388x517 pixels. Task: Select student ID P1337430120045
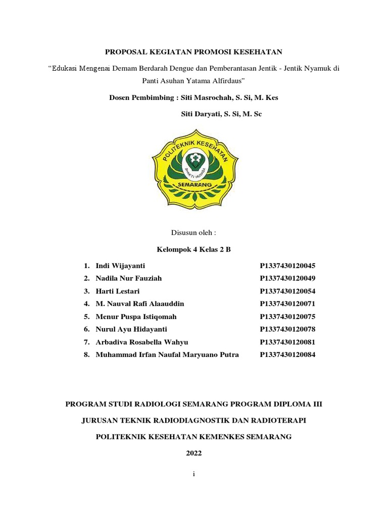[x=287, y=266]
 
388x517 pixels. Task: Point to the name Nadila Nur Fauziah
[x=129, y=278]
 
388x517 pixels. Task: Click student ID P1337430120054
[x=287, y=291]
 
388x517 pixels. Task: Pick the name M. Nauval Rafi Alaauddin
[x=140, y=304]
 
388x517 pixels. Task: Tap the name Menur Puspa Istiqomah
[x=136, y=317]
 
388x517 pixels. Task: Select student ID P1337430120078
[x=287, y=329]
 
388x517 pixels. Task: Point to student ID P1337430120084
[x=287, y=355]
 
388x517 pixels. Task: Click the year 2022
[x=194, y=453]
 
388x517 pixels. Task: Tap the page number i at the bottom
[x=194, y=475]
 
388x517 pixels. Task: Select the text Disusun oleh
[x=194, y=233]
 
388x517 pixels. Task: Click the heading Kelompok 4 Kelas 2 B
[x=194, y=249]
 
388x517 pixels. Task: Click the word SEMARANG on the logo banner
[x=195, y=185]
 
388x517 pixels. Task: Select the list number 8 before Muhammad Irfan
[x=86, y=355]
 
